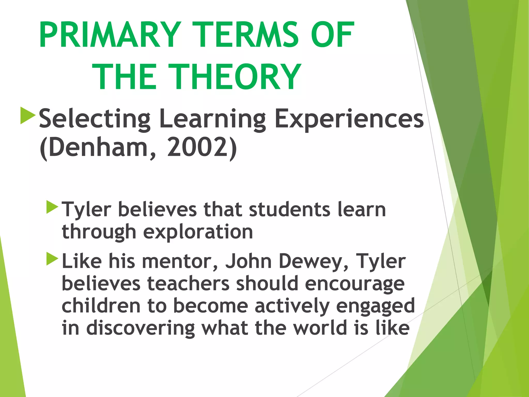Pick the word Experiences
(x=349, y=119)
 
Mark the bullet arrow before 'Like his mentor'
(x=52, y=259)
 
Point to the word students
(x=290, y=209)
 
